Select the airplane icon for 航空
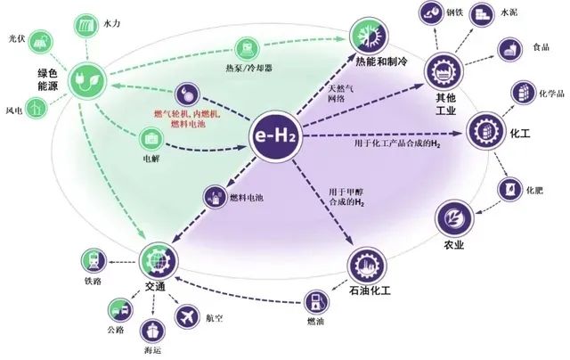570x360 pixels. pos(187,315)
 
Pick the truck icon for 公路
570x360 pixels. pos(118,308)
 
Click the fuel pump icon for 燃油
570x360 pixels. pos(316,299)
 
